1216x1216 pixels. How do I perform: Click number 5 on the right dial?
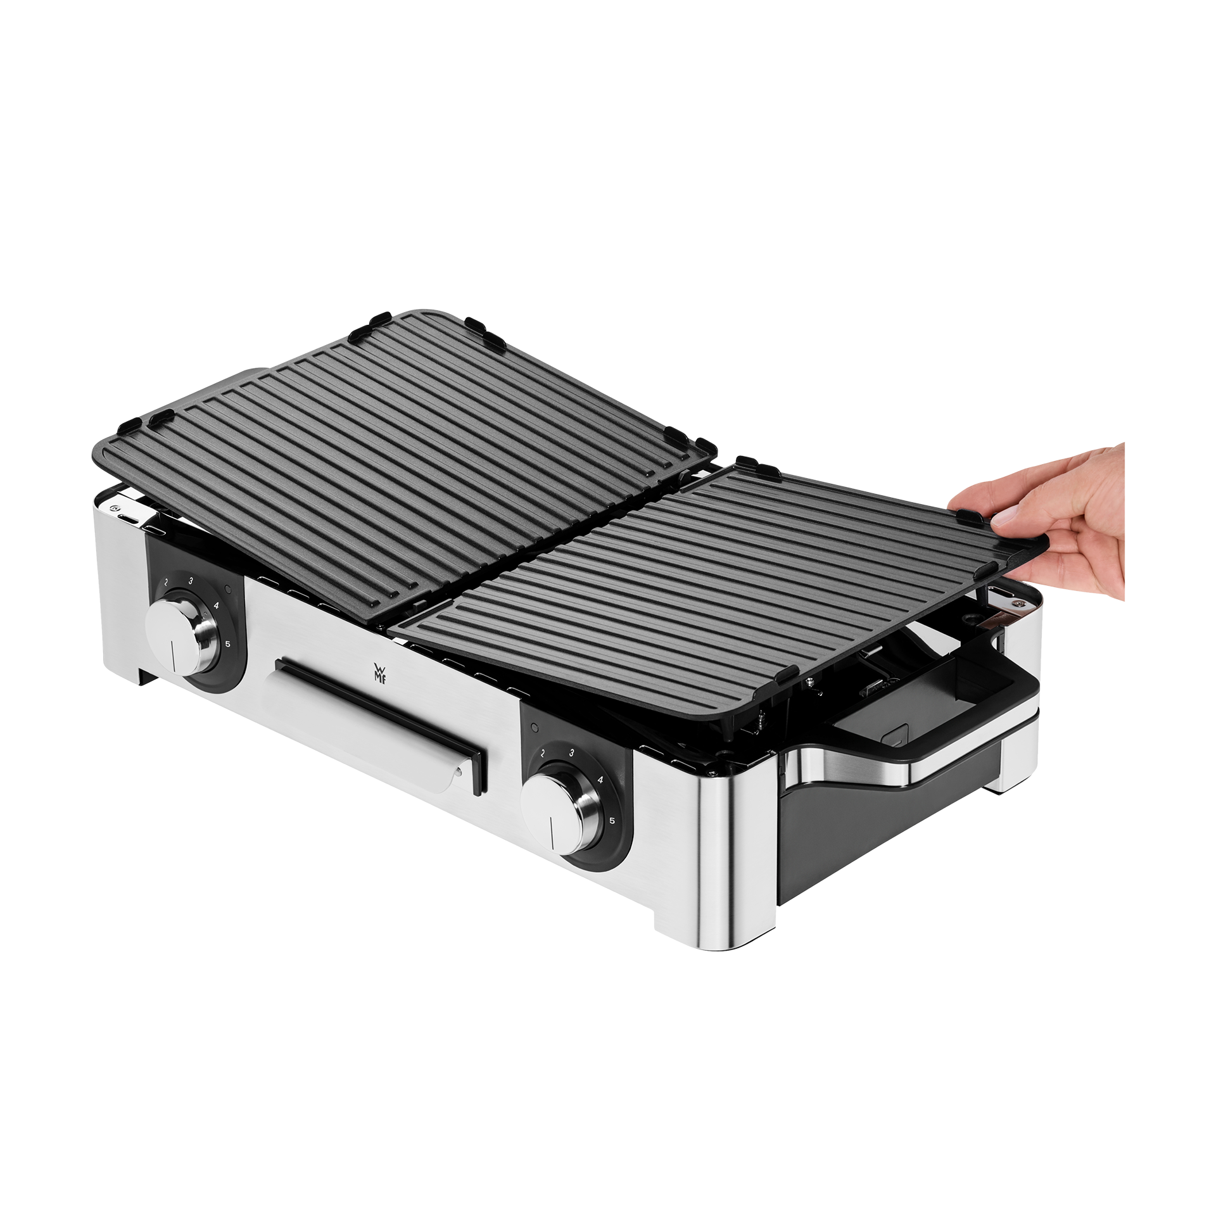[612, 821]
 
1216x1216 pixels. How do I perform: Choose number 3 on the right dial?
[572, 753]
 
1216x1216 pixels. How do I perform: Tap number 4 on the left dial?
[217, 605]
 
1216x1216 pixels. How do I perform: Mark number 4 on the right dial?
[600, 780]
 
